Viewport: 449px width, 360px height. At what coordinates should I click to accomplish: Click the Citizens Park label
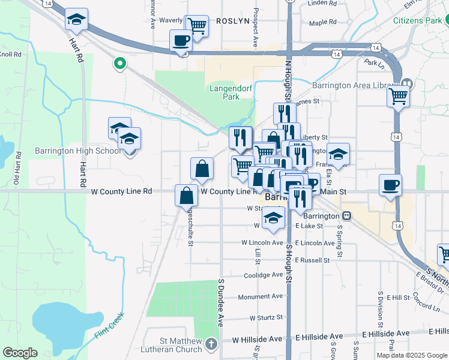(x=417, y=20)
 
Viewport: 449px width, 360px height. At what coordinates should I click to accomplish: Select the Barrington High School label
(x=78, y=151)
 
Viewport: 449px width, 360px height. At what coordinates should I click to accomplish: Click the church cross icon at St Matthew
(x=211, y=344)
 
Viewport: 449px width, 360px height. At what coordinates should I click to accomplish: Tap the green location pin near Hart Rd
(x=120, y=62)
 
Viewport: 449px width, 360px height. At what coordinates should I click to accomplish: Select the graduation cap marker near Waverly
(x=76, y=20)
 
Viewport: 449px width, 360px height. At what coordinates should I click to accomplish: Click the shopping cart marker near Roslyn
(x=196, y=26)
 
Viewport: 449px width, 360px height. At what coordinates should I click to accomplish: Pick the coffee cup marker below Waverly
(x=181, y=41)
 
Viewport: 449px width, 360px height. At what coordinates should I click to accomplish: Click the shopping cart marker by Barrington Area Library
(x=399, y=97)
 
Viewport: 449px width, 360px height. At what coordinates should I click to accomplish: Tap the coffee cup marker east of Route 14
(x=391, y=185)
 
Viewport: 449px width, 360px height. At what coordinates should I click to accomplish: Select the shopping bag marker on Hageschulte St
(x=187, y=195)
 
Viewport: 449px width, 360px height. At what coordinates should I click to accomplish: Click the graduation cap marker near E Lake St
(x=274, y=218)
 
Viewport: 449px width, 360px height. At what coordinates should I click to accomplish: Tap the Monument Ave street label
(x=260, y=296)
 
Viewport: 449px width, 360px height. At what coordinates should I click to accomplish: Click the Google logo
(x=20, y=353)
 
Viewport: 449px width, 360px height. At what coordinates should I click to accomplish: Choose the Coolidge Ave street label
(x=263, y=275)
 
